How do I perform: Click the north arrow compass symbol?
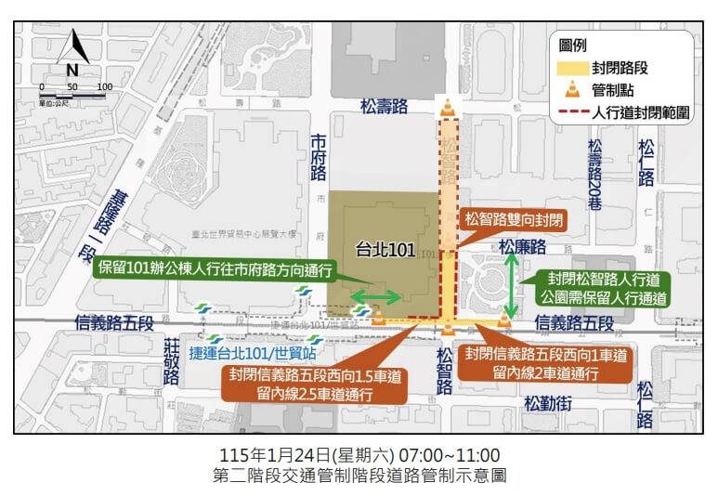pyautogui.click(x=72, y=55)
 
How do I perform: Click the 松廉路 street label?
pyautogui.click(x=524, y=247)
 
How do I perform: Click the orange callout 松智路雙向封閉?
pyautogui.click(x=511, y=219)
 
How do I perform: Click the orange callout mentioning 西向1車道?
pyautogui.click(x=545, y=363)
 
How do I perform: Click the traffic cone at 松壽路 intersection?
pyautogui.click(x=449, y=108)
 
